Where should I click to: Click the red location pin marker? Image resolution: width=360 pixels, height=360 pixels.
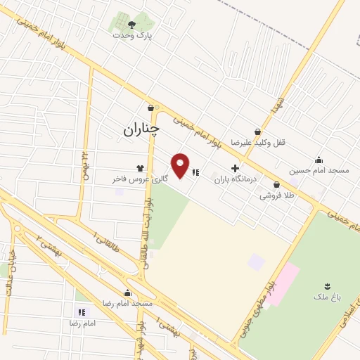[x=181, y=165]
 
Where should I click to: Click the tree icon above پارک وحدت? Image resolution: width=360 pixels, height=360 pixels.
[x=131, y=24]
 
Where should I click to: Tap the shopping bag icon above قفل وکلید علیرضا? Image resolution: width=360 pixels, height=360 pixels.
[x=258, y=131]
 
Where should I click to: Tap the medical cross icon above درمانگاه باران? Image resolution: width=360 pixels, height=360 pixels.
[x=235, y=169]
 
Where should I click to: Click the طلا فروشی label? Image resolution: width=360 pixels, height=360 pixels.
[x=278, y=195]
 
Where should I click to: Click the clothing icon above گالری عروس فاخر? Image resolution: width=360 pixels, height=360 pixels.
[x=140, y=169]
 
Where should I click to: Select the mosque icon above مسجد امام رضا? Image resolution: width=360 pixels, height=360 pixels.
[x=127, y=292]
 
